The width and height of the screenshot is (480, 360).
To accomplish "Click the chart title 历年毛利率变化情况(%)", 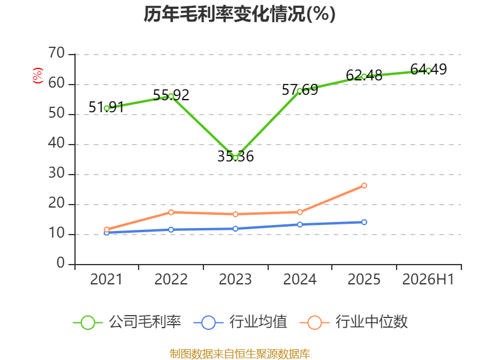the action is coord(239,14).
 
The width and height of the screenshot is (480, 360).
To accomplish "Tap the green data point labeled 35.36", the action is coord(235,158).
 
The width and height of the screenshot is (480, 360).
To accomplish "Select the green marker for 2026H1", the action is coord(428,71).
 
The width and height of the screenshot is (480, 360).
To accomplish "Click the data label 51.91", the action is coord(106,107).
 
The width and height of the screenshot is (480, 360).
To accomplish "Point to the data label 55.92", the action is coord(171,95).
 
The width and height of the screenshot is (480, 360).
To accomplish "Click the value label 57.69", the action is coord(299,89).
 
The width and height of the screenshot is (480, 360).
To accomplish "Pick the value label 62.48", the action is coord(364,76).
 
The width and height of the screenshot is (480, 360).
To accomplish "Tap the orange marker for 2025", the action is coord(364,185).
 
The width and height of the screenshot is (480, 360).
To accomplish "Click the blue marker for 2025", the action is coord(364,222).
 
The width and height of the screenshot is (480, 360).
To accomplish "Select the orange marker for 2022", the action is coord(171,212).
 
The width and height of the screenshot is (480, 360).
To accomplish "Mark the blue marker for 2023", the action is coord(235,229).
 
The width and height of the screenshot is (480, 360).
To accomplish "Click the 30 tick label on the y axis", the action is coord(56,173).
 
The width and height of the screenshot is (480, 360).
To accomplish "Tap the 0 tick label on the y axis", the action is coord(61,263).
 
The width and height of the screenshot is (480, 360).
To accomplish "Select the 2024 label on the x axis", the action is coord(299,279).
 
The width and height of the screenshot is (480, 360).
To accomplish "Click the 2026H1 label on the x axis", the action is coord(428,279).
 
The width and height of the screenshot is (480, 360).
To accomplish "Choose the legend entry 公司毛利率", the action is coord(127,322).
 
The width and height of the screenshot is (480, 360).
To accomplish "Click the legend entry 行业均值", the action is coord(241,322).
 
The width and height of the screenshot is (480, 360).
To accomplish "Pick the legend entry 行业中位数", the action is coord(353,322).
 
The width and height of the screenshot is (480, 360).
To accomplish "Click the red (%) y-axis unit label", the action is coord(38,76).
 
